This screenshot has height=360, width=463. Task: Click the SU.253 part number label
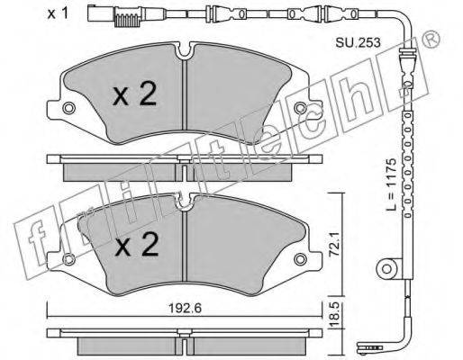[x=358, y=43]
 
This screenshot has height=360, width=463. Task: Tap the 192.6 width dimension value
[x=185, y=308]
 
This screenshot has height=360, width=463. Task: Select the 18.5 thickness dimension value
[x=335, y=315]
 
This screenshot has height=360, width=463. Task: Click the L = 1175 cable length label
[x=391, y=184]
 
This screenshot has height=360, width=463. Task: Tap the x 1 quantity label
[x=58, y=13]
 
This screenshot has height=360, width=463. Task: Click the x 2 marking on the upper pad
[x=134, y=94]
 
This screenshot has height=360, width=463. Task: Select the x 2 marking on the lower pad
[x=137, y=245]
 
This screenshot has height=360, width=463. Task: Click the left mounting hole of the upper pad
[x=68, y=108]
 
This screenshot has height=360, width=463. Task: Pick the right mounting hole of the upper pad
[x=300, y=108]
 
